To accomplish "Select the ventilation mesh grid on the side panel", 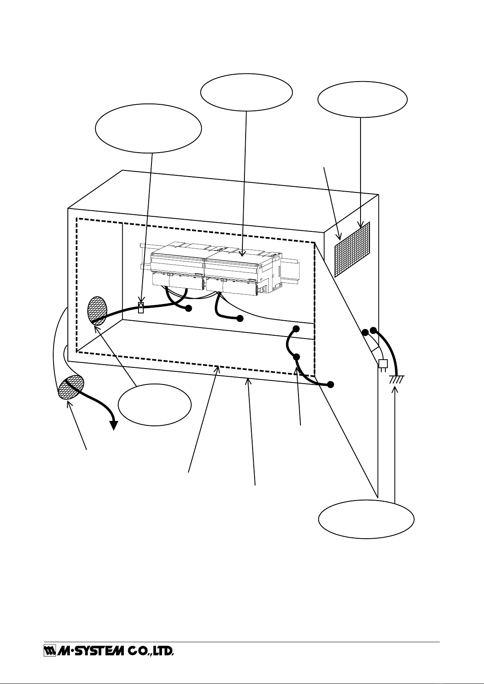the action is click(352, 248).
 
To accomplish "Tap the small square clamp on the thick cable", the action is click(141, 307).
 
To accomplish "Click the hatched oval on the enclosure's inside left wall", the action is click(97, 311).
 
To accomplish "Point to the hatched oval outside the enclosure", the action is click(71, 387).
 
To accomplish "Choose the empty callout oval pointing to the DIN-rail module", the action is click(246, 92).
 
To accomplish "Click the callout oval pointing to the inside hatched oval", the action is click(154, 406).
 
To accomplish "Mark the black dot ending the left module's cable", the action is click(188, 309).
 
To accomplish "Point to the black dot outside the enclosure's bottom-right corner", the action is click(331, 384).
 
